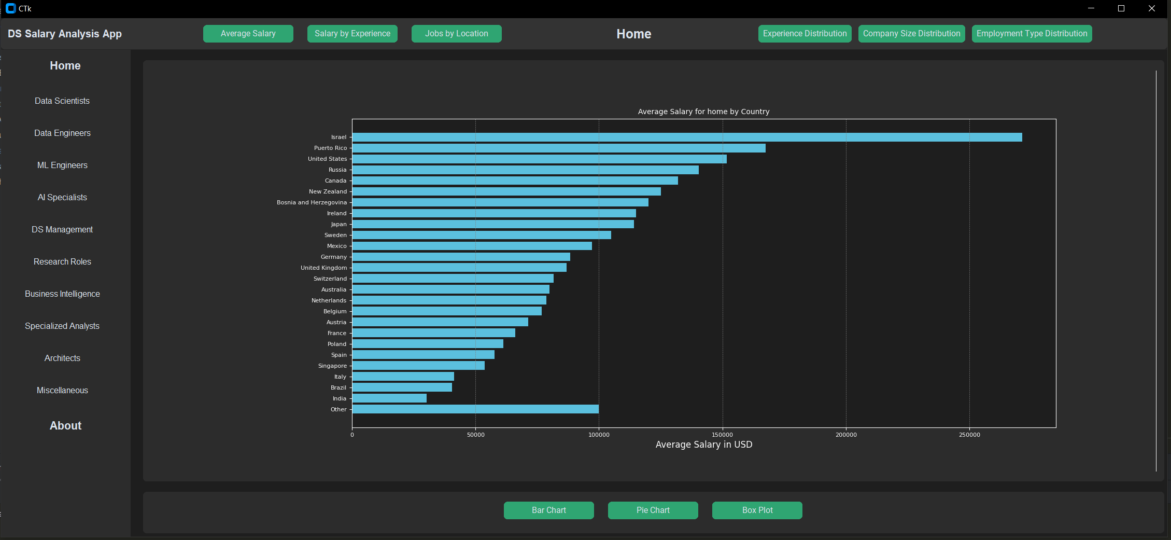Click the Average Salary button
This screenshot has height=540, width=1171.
pyautogui.click(x=248, y=34)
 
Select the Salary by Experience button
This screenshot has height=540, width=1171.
pyautogui.click(x=352, y=34)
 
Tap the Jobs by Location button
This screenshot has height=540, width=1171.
pyautogui.click(x=456, y=34)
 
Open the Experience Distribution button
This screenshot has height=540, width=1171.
pyautogui.click(x=805, y=34)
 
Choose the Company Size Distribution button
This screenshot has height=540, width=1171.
pyautogui.click(x=911, y=34)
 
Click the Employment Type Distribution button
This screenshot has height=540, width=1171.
pyautogui.click(x=1032, y=34)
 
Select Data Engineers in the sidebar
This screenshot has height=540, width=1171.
pyautogui.click(x=62, y=133)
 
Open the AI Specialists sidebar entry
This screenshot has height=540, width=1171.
pyautogui.click(x=62, y=198)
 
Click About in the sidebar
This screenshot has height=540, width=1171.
pyautogui.click(x=65, y=426)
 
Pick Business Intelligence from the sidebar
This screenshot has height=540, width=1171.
pyautogui.click(x=62, y=294)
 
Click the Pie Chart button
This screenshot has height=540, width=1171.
pyautogui.click(x=653, y=510)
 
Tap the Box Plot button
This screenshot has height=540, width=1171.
pyautogui.click(x=757, y=510)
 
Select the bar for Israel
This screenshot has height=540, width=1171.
pyautogui.click(x=687, y=137)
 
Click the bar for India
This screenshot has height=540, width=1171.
pyautogui.click(x=389, y=398)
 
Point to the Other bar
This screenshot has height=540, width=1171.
pyautogui.click(x=475, y=409)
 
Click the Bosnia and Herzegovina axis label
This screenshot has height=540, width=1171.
pyautogui.click(x=312, y=203)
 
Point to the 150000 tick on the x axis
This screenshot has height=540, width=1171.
pyautogui.click(x=722, y=435)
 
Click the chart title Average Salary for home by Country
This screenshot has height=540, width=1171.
pyautogui.click(x=703, y=112)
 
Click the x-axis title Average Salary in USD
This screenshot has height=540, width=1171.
pyautogui.click(x=703, y=445)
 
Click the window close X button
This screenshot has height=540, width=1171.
pyautogui.click(x=1151, y=9)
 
